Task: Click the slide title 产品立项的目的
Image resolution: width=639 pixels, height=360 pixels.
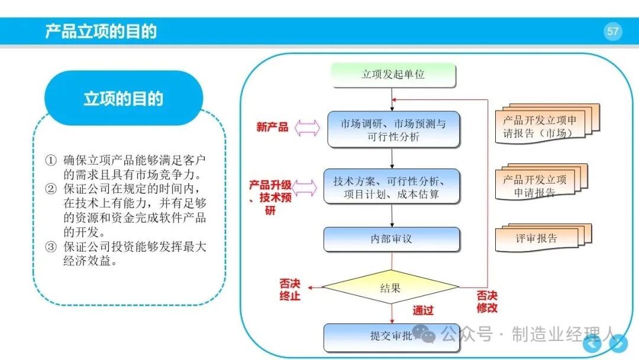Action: coord(101,31)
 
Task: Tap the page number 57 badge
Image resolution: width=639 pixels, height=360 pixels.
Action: coord(612,31)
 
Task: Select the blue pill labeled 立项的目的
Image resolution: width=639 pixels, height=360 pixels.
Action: coord(124,98)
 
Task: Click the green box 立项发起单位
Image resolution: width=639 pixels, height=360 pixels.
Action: coord(393,75)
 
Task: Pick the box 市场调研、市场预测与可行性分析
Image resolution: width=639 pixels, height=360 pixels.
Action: coord(393,130)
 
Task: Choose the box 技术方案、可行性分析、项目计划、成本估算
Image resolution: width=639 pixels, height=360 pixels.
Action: coord(392,187)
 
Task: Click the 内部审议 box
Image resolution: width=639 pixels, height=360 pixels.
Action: coord(392,239)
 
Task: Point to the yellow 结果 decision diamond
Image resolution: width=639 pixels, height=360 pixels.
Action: coord(390,287)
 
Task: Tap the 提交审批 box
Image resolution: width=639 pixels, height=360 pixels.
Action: coord(391,337)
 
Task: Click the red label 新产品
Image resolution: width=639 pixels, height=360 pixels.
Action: coord(272,127)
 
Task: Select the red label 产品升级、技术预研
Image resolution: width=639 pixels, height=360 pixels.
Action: coord(270,198)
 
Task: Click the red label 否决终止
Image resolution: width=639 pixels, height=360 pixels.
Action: coord(290,290)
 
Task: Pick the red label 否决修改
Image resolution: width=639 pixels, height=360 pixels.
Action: coord(487,302)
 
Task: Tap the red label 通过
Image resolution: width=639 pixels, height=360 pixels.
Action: coord(422,311)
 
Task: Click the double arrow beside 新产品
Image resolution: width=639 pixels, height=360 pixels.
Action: coord(307,128)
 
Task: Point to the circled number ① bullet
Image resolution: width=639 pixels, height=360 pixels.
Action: coord(50,160)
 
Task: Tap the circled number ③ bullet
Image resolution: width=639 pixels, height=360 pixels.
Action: coord(50,247)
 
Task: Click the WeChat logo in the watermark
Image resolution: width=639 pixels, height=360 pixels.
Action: coord(424,334)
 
